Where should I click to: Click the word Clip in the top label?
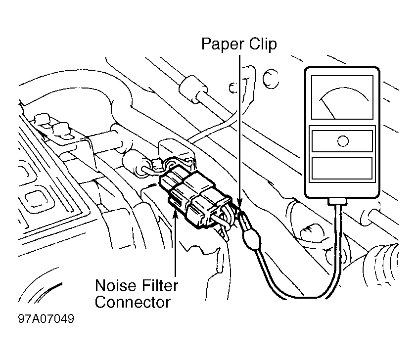[263, 44]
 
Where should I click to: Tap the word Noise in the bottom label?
[115, 286]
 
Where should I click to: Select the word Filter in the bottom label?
[160, 285]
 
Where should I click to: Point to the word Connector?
[133, 302]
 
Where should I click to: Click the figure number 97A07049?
[46, 318]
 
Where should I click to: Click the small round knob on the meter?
[343, 141]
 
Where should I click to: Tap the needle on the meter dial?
[328, 108]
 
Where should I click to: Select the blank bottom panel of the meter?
[342, 168]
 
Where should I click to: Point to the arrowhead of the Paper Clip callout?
[239, 204]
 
